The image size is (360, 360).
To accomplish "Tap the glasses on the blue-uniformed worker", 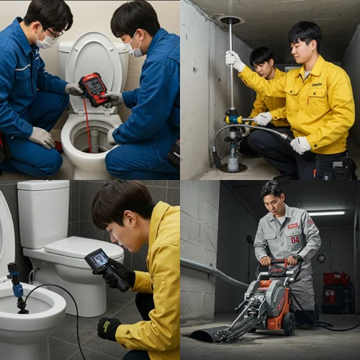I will point(53,32).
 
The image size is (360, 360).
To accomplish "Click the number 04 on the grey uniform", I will point(294,239).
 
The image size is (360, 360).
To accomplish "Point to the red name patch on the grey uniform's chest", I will point(293,225).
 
